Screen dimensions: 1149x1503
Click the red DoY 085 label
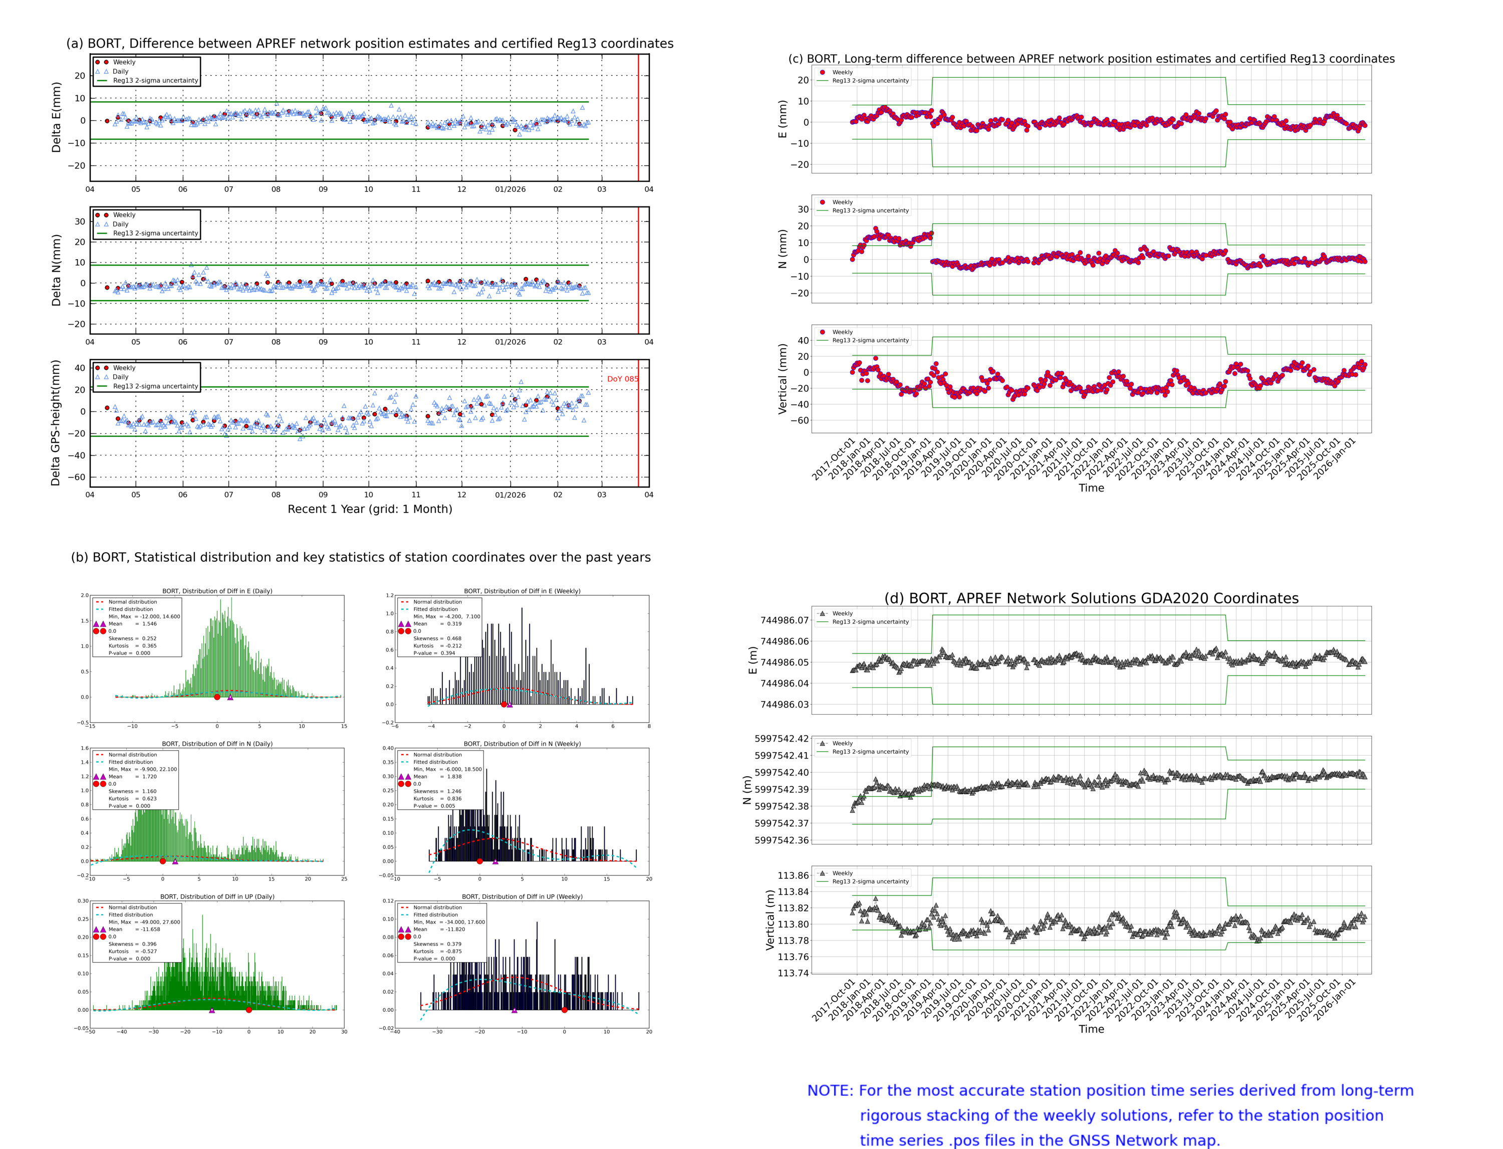(x=622, y=379)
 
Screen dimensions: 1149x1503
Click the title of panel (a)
(x=369, y=44)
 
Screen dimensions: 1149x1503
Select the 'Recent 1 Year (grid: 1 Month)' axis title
(x=369, y=509)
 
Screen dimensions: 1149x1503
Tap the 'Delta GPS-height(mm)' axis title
(x=56, y=422)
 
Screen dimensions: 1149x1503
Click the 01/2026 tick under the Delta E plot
(x=510, y=189)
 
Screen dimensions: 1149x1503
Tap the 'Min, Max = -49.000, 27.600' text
(x=144, y=922)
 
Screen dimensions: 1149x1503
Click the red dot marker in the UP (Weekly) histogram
(x=564, y=1010)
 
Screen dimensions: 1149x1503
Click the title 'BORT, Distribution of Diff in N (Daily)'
(x=217, y=744)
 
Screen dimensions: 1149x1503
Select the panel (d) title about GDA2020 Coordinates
(x=1091, y=598)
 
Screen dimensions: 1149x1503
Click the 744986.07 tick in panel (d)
(x=785, y=620)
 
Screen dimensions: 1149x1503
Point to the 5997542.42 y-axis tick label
(x=781, y=739)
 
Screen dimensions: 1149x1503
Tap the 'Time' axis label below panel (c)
(x=1091, y=488)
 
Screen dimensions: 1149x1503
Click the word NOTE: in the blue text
(x=830, y=1091)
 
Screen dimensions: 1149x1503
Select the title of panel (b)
(x=360, y=557)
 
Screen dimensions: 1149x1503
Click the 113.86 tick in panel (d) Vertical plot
(x=793, y=875)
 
